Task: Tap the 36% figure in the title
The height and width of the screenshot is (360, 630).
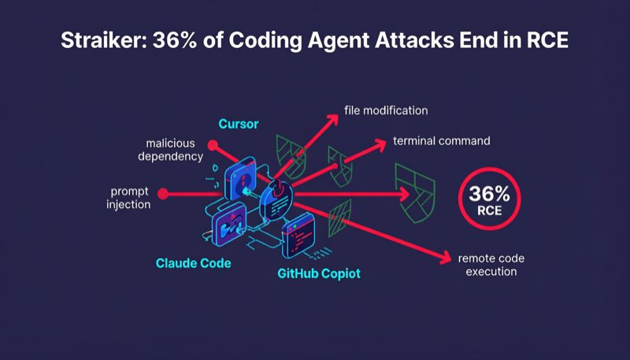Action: [174, 40]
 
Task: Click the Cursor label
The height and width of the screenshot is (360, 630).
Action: [239, 124]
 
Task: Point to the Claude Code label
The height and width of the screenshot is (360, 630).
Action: [193, 263]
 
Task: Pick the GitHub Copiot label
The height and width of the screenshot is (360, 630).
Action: [319, 273]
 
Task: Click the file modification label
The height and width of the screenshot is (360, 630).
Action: [386, 110]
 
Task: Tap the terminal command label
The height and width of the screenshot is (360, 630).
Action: [442, 141]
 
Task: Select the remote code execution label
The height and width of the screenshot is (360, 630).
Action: [491, 265]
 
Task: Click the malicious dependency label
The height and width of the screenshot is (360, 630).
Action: [170, 150]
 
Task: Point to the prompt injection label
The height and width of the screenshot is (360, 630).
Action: [128, 198]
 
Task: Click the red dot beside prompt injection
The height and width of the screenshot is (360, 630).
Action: [163, 194]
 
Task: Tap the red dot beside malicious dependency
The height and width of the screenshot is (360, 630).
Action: [213, 145]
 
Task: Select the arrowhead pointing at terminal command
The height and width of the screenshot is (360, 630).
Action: [379, 146]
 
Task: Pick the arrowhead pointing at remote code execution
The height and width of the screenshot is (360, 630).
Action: [445, 258]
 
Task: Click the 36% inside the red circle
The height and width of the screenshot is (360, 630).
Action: [489, 194]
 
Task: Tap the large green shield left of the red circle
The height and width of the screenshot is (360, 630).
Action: [415, 193]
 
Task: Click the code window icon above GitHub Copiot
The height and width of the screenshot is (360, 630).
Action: [298, 235]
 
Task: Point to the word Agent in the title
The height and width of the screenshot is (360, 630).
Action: [339, 41]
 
